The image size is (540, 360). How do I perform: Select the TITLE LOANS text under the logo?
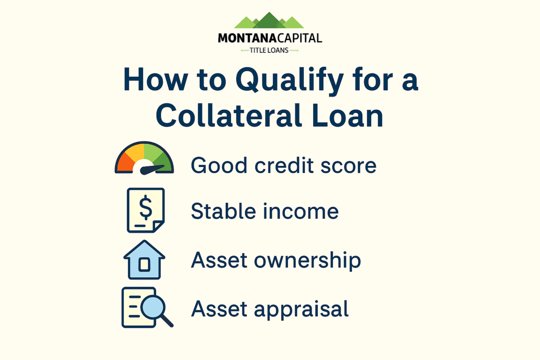click(x=269, y=51)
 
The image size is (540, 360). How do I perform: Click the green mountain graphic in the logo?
click(x=269, y=21)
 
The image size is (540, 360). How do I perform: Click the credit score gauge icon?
click(x=144, y=158)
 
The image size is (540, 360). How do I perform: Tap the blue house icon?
click(x=144, y=260)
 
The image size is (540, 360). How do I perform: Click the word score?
click(x=351, y=166)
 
